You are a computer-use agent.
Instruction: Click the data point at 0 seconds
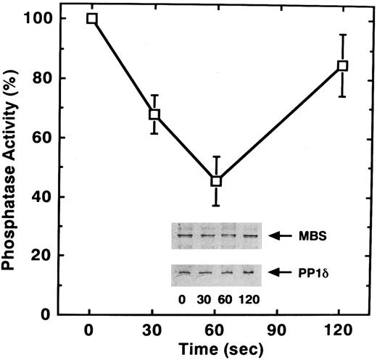91,18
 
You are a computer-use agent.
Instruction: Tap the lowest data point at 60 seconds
216,181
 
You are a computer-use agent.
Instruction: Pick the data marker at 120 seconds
342,65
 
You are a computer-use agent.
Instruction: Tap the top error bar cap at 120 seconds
342,34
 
